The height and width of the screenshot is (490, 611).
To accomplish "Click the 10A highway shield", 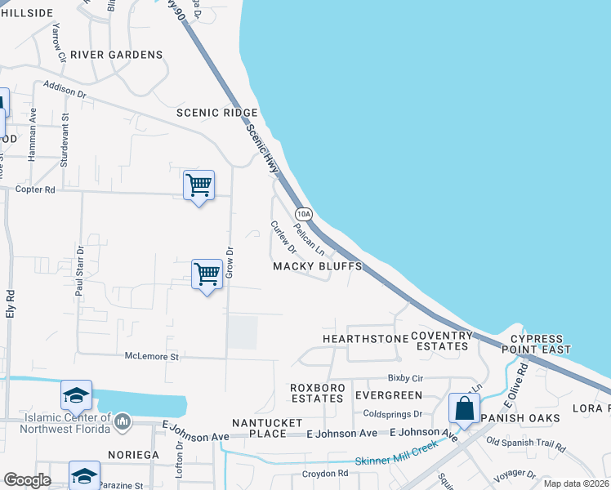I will pyautogui.click(x=304, y=214).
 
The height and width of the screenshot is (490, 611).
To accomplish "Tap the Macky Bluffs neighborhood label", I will pyautogui.click(x=317, y=267).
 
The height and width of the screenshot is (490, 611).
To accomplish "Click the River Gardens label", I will pyautogui.click(x=116, y=55).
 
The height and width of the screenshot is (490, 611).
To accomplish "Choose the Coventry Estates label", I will pyautogui.click(x=442, y=341).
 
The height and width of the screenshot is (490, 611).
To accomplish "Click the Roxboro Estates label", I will pyautogui.click(x=317, y=393).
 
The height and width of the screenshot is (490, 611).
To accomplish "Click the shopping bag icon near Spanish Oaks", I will pyautogui.click(x=464, y=408).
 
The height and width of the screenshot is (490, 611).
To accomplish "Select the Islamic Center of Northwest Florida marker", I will pyautogui.click(x=123, y=421).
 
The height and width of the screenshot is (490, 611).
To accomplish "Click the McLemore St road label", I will pyautogui.click(x=151, y=357).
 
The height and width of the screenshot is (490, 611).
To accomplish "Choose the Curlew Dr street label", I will pyautogui.click(x=283, y=236).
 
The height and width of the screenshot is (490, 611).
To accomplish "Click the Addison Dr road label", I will pyautogui.click(x=65, y=88).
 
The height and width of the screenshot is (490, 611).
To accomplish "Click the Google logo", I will pyautogui.click(x=27, y=480).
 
